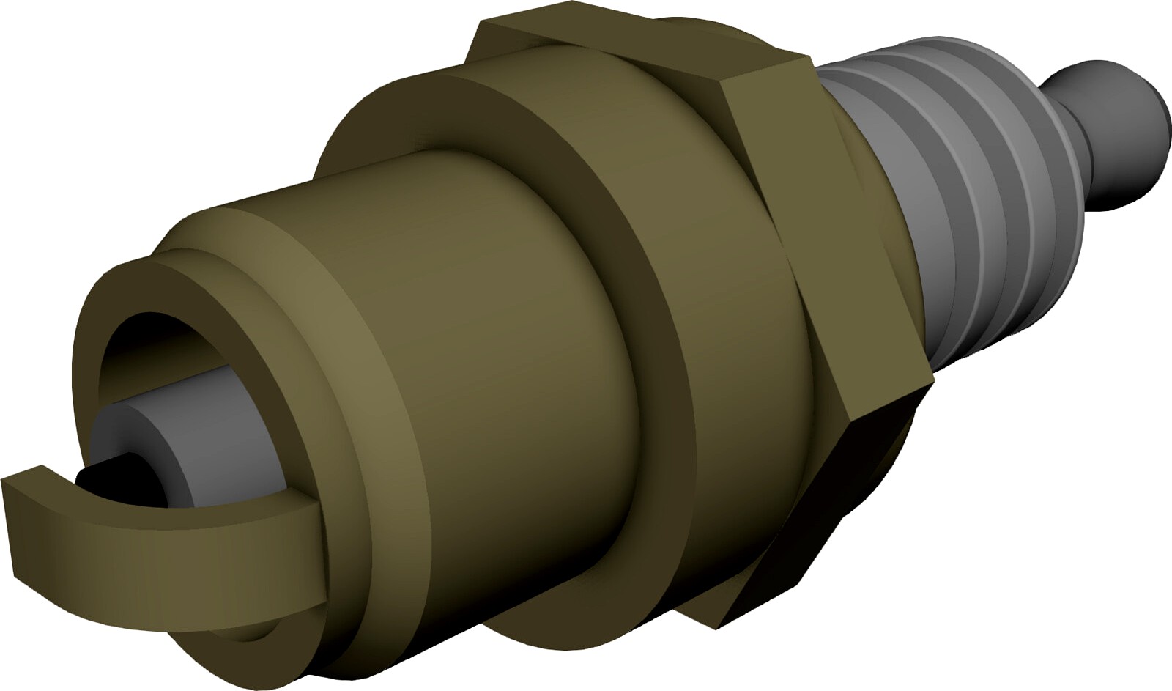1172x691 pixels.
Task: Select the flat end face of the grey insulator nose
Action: [x=117, y=440]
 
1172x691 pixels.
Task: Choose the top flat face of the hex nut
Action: [x=637, y=51]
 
